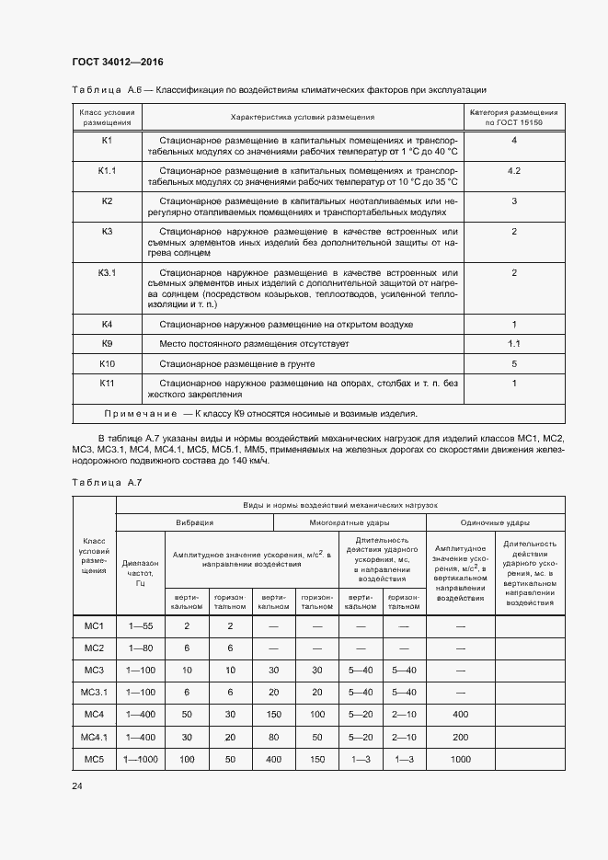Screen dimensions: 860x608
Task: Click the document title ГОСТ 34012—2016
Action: [117, 62]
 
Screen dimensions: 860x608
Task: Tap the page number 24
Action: [76, 785]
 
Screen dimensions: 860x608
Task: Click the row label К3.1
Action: [107, 272]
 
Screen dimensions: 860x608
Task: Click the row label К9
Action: [107, 345]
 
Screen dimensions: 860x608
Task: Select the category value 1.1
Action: [514, 345]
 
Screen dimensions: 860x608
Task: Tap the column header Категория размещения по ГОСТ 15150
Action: [514, 117]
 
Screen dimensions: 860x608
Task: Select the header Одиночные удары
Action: [495, 522]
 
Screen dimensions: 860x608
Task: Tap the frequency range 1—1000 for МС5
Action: [140, 759]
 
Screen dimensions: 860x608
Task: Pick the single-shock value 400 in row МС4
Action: [460, 715]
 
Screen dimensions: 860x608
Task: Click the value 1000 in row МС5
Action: [460, 759]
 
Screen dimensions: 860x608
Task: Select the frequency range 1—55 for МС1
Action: [140, 626]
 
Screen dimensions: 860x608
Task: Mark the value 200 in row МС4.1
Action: [460, 737]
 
